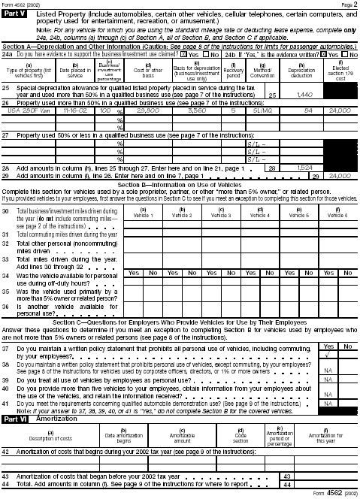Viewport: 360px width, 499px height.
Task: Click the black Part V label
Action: pos(15,14)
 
